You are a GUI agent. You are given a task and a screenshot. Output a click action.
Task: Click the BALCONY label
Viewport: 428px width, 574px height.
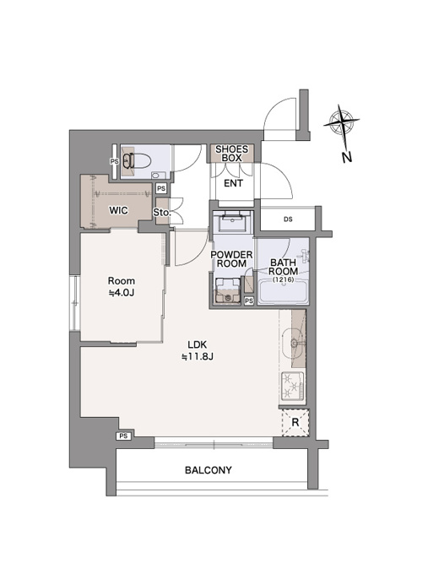coord(208,470)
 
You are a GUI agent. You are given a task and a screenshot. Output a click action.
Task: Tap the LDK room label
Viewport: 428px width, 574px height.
coord(198,344)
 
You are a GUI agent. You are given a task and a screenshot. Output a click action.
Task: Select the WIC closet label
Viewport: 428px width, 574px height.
coord(119,210)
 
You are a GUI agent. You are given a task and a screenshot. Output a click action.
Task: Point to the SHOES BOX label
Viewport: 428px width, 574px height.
coord(232,154)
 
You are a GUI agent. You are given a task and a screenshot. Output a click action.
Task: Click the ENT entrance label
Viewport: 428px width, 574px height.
coord(234,183)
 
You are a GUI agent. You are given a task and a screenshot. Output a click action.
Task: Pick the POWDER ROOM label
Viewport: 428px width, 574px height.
coord(232,259)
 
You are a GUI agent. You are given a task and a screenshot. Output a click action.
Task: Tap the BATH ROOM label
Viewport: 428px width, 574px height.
coord(283,267)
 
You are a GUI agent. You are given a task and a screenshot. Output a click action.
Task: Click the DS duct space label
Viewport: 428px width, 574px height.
coord(288,219)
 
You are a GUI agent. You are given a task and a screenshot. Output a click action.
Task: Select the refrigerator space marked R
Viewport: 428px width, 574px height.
coord(295,422)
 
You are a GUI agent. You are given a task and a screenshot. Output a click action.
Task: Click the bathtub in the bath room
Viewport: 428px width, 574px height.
coord(283,292)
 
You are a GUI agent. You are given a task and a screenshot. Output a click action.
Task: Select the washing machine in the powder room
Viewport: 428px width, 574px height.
coord(226,290)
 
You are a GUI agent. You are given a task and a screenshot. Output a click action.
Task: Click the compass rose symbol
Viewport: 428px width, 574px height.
coord(342,122)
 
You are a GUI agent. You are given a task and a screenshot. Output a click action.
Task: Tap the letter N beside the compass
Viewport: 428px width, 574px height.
coord(347,157)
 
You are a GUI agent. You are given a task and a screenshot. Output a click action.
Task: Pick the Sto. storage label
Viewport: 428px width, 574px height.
coord(162,212)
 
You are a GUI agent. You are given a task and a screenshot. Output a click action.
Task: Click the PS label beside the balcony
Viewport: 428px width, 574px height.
coord(124,436)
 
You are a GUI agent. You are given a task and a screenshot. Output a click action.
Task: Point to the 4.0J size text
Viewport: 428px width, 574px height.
coord(122,293)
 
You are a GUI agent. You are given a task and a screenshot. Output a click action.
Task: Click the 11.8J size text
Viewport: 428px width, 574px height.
coord(198,356)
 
